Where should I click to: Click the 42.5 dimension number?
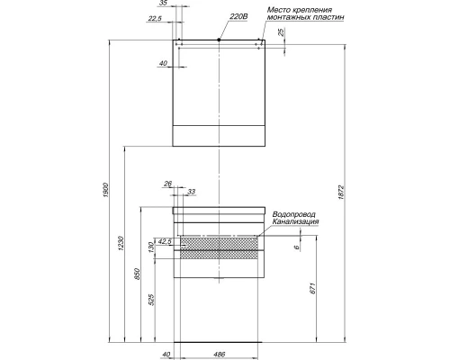[x=164, y=240]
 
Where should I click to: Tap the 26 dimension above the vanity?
[x=167, y=184]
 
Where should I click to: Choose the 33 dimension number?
[x=191, y=191]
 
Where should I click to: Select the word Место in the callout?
[x=281, y=10]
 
